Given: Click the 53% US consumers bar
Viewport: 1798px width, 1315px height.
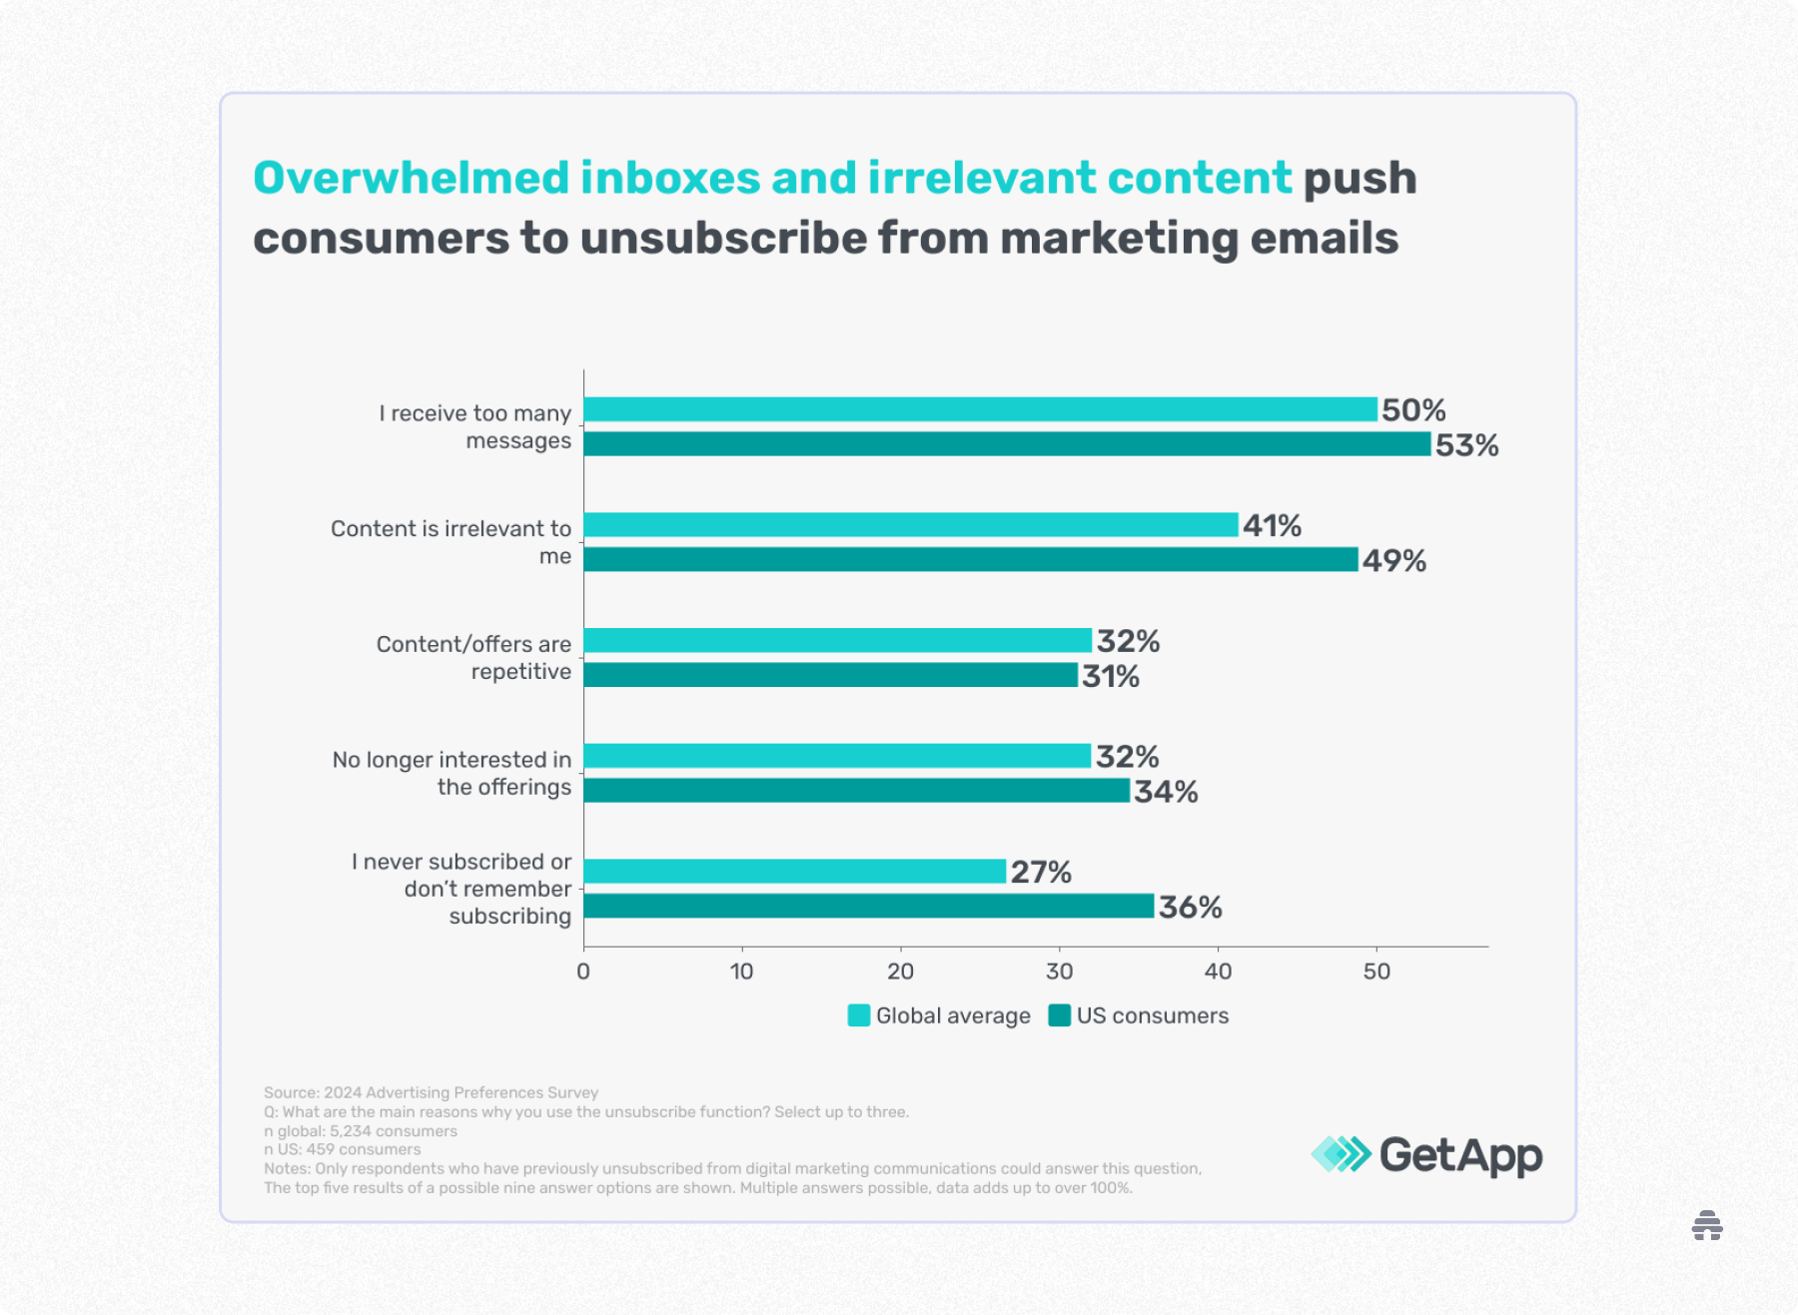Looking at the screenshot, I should (x=1007, y=444).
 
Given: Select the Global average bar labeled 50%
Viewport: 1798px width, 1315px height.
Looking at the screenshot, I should (x=980, y=409).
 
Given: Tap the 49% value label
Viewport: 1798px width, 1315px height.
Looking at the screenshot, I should (x=1393, y=561).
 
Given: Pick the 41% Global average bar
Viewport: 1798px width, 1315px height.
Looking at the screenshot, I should (x=910, y=525).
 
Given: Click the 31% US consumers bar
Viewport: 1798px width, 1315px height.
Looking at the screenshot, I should (x=830, y=676).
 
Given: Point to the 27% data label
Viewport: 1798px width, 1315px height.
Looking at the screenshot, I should (x=1040, y=873).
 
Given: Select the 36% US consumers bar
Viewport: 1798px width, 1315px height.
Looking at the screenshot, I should (x=868, y=907).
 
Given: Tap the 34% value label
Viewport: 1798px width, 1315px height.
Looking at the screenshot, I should (x=1165, y=792).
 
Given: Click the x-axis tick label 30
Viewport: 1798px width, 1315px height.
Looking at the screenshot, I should (x=1059, y=972).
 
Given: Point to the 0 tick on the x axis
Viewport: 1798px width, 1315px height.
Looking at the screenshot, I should (x=583, y=972).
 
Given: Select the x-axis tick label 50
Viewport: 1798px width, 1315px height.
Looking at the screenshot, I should (x=1376, y=972).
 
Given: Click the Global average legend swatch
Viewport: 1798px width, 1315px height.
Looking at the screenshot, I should (x=858, y=1015).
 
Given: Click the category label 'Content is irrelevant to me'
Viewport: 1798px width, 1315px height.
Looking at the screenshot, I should (x=451, y=542).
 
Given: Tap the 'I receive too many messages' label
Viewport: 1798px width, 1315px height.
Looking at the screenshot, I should (x=475, y=426).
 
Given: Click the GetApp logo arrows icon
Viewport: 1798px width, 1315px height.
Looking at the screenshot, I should (x=1341, y=1154).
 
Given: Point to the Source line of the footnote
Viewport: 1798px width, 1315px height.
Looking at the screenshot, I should (x=431, y=1092).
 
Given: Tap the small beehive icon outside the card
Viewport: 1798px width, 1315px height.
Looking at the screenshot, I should (x=1707, y=1225).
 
